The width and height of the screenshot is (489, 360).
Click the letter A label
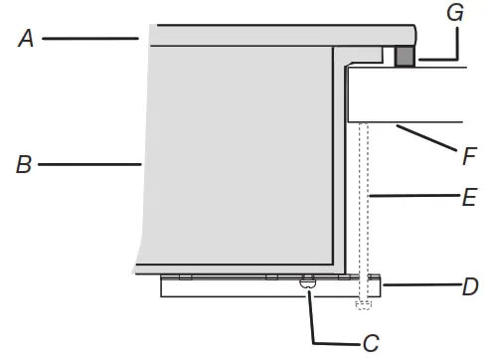(26, 39)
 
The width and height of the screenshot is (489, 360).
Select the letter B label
(24, 164)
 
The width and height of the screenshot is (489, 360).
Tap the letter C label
(371, 344)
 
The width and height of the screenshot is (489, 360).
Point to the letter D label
(469, 288)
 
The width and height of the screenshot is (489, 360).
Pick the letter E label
(470, 198)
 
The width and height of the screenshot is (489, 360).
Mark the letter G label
(456, 14)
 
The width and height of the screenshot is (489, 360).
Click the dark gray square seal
(404, 57)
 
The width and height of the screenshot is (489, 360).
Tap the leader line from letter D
(417, 286)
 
